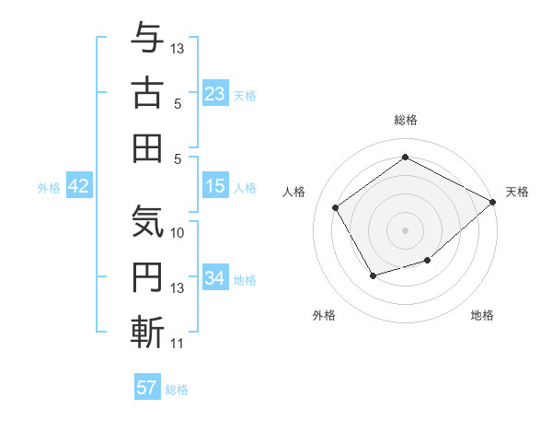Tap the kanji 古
click(x=147, y=94)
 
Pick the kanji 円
click(x=147, y=277)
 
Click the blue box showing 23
click(x=215, y=93)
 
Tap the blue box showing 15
click(x=215, y=186)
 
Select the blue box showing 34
click(x=215, y=278)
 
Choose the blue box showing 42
click(x=79, y=186)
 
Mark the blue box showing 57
click(x=147, y=388)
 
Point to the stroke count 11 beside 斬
click(x=178, y=345)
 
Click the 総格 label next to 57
click(x=177, y=390)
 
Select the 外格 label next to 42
click(x=49, y=188)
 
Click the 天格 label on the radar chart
click(x=517, y=192)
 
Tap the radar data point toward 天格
click(x=493, y=203)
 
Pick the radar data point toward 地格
click(x=428, y=262)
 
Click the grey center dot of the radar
click(x=405, y=229)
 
